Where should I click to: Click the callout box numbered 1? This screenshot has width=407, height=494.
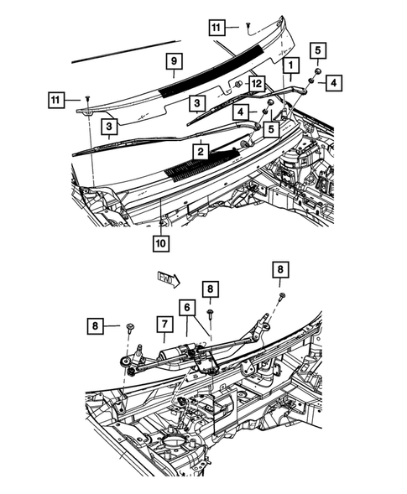tap(290, 64)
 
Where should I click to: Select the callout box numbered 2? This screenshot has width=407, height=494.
tap(201, 151)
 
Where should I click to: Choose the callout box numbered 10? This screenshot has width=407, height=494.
tap(159, 243)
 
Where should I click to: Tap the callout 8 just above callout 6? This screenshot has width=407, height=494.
tap(211, 289)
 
